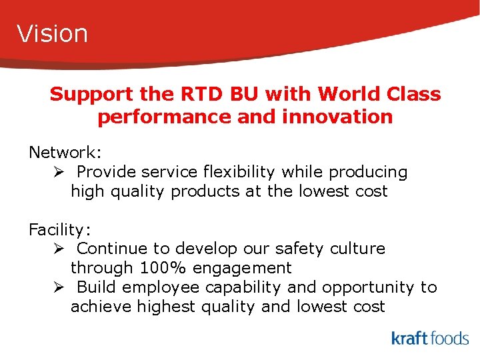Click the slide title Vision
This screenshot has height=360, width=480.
click(53, 33)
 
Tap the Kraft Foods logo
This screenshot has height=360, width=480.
click(430, 338)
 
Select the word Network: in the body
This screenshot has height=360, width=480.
click(65, 153)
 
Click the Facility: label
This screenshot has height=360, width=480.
click(60, 230)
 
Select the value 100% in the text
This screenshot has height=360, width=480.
click(165, 268)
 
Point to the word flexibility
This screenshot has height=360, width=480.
click(239, 172)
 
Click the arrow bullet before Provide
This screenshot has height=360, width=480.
click(59, 172)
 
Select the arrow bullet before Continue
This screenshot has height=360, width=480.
click(59, 249)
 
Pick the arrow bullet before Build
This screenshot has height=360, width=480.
click(59, 287)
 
